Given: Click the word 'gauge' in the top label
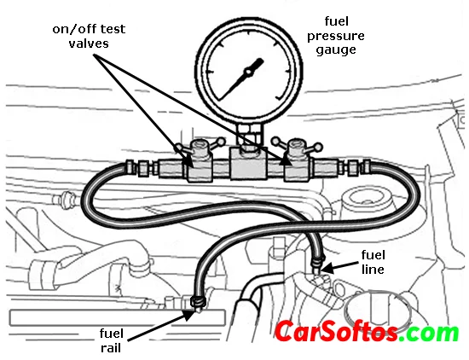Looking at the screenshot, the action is (336, 50).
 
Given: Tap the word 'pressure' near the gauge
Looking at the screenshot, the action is (336, 36).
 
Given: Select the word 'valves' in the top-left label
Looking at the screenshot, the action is (89, 44).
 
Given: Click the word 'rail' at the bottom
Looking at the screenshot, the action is (111, 348).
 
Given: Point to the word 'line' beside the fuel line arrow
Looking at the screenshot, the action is (373, 269).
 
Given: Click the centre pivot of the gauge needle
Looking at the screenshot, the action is (248, 72).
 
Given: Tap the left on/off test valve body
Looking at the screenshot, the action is (200, 162).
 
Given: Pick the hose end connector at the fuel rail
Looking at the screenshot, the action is (198, 302).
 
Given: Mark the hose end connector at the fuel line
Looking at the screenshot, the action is (318, 261).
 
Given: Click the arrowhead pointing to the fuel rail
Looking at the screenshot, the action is (190, 315).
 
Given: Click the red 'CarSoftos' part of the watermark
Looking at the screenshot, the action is (336, 331).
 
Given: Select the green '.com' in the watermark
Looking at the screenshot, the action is (429, 333).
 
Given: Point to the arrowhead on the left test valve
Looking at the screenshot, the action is (188, 160).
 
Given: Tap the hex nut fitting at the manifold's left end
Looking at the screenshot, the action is (143, 168).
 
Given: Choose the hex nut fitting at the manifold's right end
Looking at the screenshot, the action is (353, 167).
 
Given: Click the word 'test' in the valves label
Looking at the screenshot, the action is (113, 29).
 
